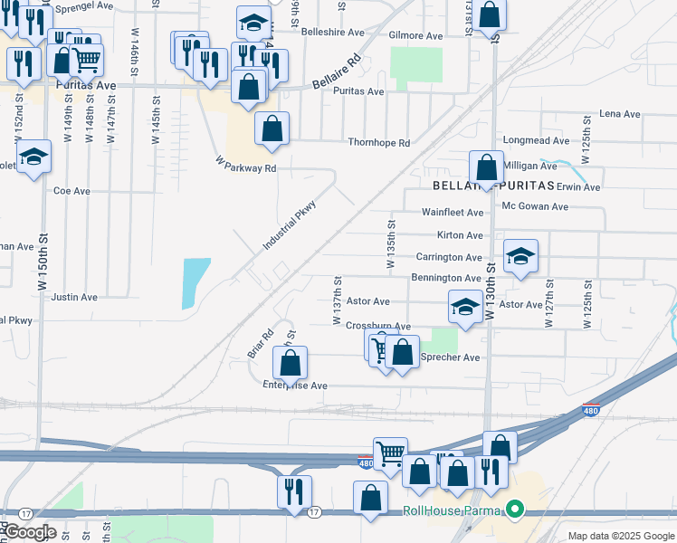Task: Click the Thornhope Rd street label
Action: click(x=379, y=143)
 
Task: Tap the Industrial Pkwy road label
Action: click(x=289, y=224)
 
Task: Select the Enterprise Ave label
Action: click(x=294, y=386)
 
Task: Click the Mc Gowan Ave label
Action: click(x=535, y=206)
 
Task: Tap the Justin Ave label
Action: click(x=74, y=297)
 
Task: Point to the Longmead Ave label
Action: click(x=536, y=141)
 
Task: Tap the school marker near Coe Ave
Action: click(x=34, y=157)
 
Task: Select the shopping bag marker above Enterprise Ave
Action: click(x=290, y=364)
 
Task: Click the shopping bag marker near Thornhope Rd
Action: click(x=272, y=129)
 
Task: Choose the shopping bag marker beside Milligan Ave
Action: click(x=487, y=167)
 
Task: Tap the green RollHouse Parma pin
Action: click(x=516, y=510)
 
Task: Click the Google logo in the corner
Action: click(x=29, y=532)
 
